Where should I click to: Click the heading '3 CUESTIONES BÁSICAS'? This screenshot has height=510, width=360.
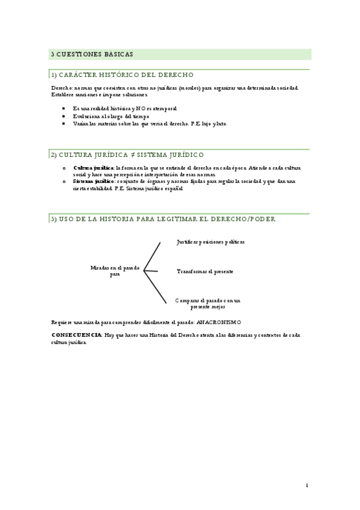pos(92,54)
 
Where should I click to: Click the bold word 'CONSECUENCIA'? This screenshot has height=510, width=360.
pos(76,334)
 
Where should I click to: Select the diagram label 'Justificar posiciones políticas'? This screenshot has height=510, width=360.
pos(210,242)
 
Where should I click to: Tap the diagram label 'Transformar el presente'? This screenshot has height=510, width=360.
pos(205,271)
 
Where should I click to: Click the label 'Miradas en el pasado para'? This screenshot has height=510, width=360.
pos(115,271)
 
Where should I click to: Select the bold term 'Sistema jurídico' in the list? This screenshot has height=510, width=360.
pos(93,181)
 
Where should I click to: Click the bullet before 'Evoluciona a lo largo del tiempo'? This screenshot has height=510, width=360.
pos(63,116)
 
